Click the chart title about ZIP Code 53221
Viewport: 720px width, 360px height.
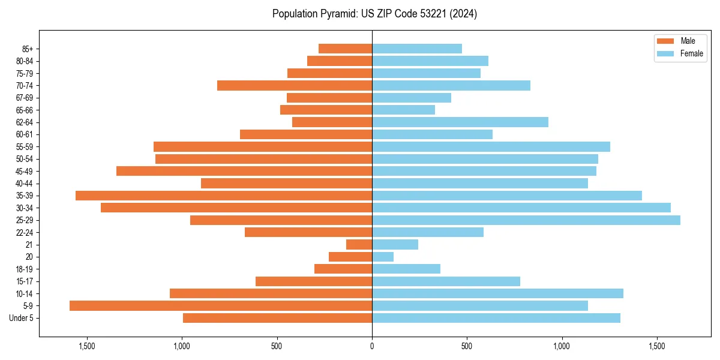374,14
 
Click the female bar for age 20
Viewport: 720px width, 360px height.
383,257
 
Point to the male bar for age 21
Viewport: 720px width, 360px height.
359,245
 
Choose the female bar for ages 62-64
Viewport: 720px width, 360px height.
460,122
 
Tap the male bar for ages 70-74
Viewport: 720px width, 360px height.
295,86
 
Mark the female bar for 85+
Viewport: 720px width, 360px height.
417,49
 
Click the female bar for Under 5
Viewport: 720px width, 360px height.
496,318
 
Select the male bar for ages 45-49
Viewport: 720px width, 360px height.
244,171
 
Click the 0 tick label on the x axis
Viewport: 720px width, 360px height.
372,346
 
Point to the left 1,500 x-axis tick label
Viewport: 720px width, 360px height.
87,346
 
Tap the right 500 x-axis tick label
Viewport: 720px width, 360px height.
467,346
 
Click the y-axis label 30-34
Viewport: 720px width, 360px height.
25,208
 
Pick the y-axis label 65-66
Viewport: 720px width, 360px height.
25,110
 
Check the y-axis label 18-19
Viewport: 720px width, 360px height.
25,269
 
